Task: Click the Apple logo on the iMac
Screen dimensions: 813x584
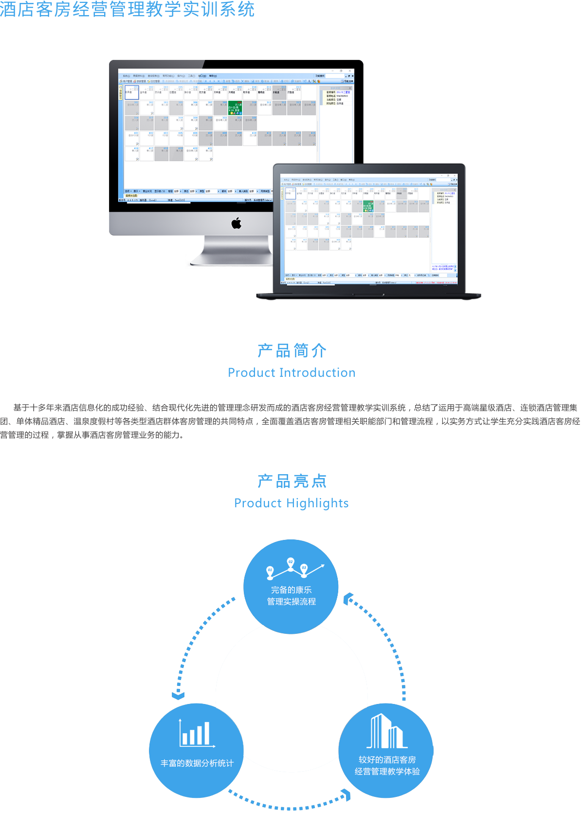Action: [237, 223]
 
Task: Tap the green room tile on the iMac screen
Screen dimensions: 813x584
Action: [235, 108]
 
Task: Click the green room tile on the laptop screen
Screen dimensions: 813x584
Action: [368, 206]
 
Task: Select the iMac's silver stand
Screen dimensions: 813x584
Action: [232, 251]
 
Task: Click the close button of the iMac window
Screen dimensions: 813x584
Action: [352, 71]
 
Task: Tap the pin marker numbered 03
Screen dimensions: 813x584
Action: [304, 568]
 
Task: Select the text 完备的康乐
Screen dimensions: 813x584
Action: [291, 590]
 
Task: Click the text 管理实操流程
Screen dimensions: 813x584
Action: [291, 602]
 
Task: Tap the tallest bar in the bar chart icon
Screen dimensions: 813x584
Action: [207, 733]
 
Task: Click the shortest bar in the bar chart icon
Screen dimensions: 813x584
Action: [184, 739]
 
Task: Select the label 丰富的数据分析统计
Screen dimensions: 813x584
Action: [197, 763]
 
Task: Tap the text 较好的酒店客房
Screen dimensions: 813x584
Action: [387, 760]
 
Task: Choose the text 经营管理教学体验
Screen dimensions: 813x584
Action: [387, 772]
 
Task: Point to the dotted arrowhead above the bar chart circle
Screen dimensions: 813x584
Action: [179, 693]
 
